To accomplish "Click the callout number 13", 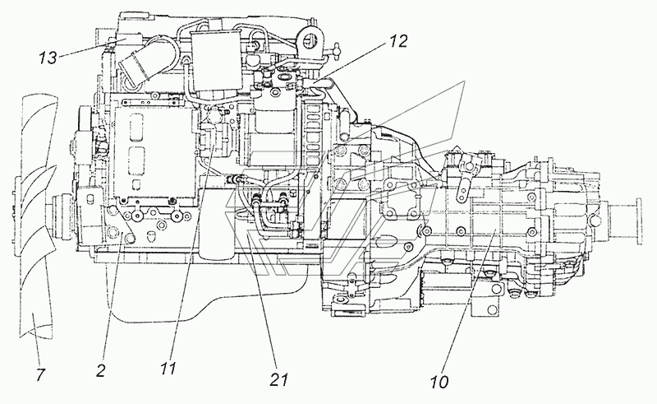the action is click(48, 58).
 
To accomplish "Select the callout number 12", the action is click(398, 41).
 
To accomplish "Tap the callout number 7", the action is click(40, 374).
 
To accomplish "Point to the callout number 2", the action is click(101, 371).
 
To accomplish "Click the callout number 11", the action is click(168, 369).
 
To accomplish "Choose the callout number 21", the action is click(279, 379).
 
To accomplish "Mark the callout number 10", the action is click(439, 381).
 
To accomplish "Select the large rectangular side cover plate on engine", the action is click(155, 152).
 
